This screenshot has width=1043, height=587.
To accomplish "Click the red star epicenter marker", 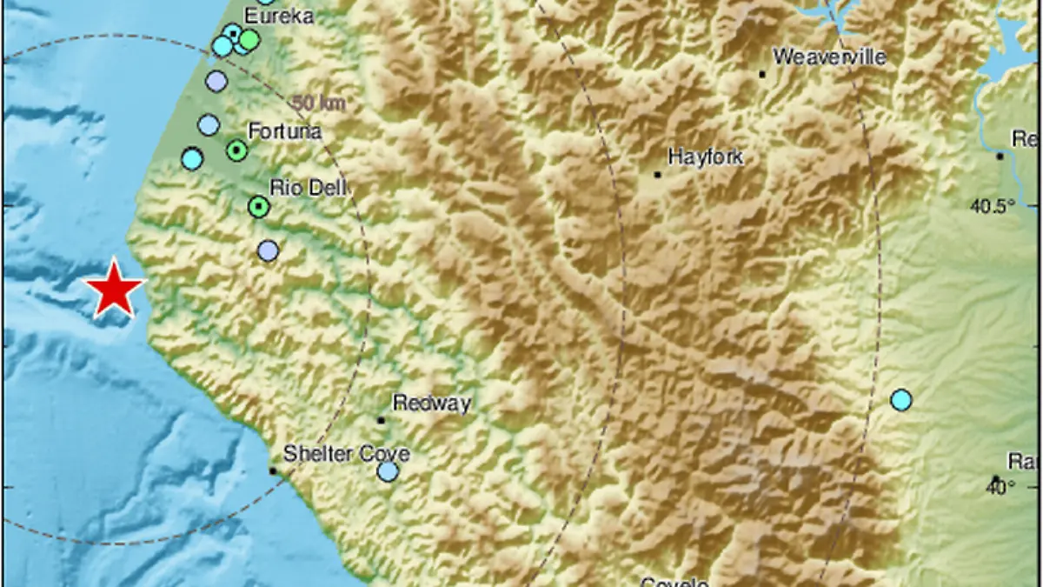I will point(113,290).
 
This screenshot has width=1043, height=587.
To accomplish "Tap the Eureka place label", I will point(278,16).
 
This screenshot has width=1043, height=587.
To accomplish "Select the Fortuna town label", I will point(284,132).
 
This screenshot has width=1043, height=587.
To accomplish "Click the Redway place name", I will point(432,403).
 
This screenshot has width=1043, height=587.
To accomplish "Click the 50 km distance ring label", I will point(319,103).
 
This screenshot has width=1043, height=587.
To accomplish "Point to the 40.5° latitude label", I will point(993,206).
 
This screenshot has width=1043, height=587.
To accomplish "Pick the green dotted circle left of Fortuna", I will point(236,151).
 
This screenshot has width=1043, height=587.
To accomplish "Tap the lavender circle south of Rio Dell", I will point(269,251).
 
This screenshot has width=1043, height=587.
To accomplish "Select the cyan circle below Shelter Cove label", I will point(388,471).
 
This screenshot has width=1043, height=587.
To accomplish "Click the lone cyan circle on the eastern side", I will point(901,400).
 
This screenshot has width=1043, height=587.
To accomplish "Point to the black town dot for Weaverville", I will point(762,75).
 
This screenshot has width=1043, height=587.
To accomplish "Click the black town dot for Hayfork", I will point(658,175).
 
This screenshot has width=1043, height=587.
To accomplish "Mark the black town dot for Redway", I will point(381,420).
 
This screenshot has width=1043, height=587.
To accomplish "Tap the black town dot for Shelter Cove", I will point(272,470).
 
